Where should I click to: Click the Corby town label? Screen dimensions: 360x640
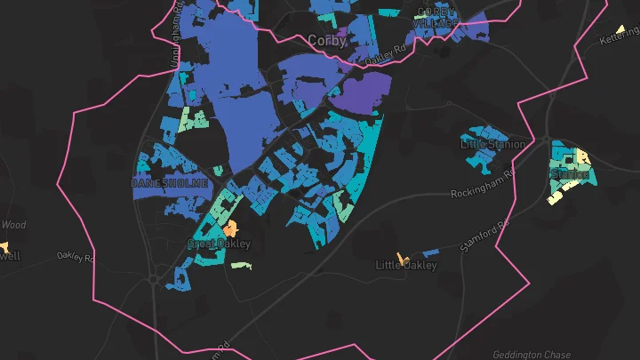click(x=325, y=41)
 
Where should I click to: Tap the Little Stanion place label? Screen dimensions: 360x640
click(x=492, y=143)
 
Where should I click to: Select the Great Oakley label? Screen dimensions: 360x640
click(x=219, y=243)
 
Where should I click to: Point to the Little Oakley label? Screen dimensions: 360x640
click(x=406, y=265)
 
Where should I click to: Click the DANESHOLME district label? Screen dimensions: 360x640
click(x=169, y=183)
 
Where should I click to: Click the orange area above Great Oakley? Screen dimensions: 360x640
click(x=234, y=228)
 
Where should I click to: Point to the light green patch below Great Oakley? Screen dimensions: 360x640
click(x=241, y=265)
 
